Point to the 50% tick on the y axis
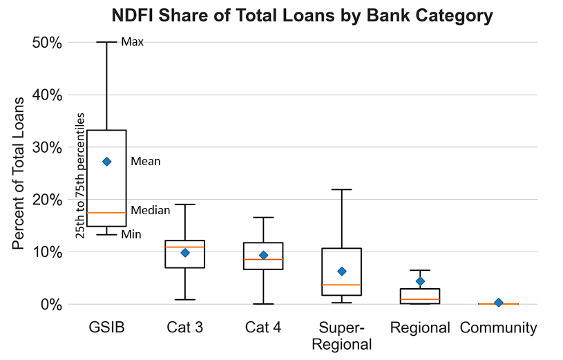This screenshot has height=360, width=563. tap(48, 42)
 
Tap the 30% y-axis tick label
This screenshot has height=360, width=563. tap(48, 147)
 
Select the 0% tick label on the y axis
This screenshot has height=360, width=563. tap(52, 304)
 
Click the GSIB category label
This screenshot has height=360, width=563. tap(107, 328)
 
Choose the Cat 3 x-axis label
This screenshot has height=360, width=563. tap(184, 328)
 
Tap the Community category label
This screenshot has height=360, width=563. tap(498, 328)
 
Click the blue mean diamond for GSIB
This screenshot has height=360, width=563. tap(106, 162)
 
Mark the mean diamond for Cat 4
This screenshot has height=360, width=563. tap(263, 255)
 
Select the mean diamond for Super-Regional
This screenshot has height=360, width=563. tap(341, 271)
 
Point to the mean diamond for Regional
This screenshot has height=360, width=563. tap(420, 281)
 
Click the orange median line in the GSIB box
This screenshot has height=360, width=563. tap(106, 213)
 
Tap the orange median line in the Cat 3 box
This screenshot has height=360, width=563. tap(184, 247)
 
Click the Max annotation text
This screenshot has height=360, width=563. tap(132, 42)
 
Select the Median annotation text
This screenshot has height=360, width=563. tap(150, 210)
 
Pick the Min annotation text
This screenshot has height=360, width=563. tap(131, 235)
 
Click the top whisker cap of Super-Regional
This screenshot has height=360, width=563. tap(341, 189)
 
